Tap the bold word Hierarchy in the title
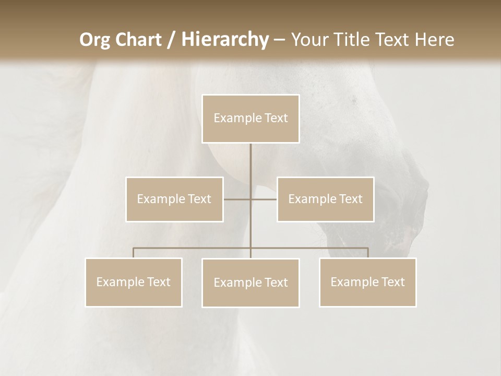pyautogui.click(x=224, y=40)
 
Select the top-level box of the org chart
pyautogui.click(x=250, y=119)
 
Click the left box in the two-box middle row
pyautogui.click(x=174, y=199)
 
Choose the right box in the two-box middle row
pyautogui.click(x=325, y=199)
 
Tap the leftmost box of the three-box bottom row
pyautogui.click(x=134, y=282)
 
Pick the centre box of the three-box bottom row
pyautogui.click(x=250, y=283)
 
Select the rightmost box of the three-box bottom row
pyautogui.click(x=367, y=282)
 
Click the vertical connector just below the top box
pyautogui.click(x=250, y=162)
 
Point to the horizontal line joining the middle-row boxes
pyautogui.click(x=237, y=199)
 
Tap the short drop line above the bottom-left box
pyautogui.click(x=134, y=253)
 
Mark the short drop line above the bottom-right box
pyautogui.click(x=367, y=253)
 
